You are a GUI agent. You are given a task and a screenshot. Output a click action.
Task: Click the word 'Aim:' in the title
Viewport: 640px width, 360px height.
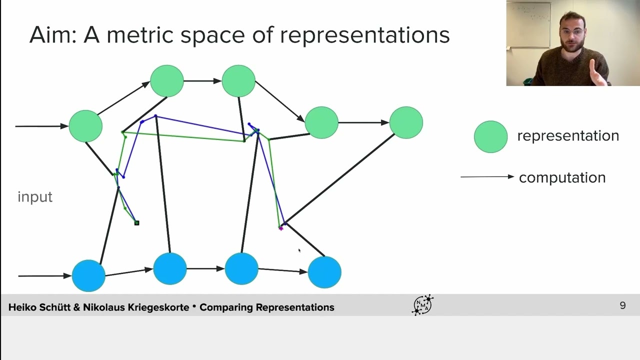pyautogui.click(x=53, y=35)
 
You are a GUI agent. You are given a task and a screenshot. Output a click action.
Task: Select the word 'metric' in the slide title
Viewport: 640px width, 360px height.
pyautogui.click(x=139, y=35)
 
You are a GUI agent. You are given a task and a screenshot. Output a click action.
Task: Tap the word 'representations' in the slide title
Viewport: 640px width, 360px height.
pyautogui.click(x=365, y=36)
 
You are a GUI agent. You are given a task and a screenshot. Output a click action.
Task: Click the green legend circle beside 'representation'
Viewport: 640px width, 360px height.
pyautogui.click(x=490, y=137)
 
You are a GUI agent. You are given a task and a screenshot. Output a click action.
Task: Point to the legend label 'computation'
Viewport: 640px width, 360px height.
pyautogui.click(x=562, y=177)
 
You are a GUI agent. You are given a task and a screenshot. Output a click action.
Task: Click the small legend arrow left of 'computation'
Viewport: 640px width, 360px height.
pyautogui.click(x=487, y=177)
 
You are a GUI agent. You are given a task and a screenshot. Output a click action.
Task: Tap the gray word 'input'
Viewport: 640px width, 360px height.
pyautogui.click(x=35, y=196)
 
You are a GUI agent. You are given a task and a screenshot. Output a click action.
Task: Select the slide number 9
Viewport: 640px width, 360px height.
pyautogui.click(x=623, y=305)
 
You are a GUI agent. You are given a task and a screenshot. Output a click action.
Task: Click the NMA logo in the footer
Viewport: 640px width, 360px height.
pyautogui.click(x=423, y=305)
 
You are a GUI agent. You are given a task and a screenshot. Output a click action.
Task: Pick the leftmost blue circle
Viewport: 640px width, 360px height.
pyautogui.click(x=88, y=275)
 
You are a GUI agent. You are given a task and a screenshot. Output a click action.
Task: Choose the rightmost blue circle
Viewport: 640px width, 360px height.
pyautogui.click(x=324, y=272)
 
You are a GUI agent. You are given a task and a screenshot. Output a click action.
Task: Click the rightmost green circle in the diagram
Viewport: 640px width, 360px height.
pyautogui.click(x=406, y=122)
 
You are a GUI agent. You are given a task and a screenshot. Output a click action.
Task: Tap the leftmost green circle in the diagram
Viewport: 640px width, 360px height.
pyautogui.click(x=85, y=126)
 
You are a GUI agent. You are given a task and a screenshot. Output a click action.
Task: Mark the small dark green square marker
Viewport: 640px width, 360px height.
pyautogui.click(x=136, y=223)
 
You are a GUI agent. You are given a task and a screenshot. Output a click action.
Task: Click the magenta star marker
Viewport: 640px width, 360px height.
pyautogui.click(x=281, y=228)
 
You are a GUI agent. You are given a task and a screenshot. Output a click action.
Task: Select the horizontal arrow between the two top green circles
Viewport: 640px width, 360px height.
pyautogui.click(x=202, y=81)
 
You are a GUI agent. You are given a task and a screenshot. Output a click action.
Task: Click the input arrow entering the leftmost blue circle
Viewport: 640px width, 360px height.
pyautogui.click(x=45, y=276)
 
